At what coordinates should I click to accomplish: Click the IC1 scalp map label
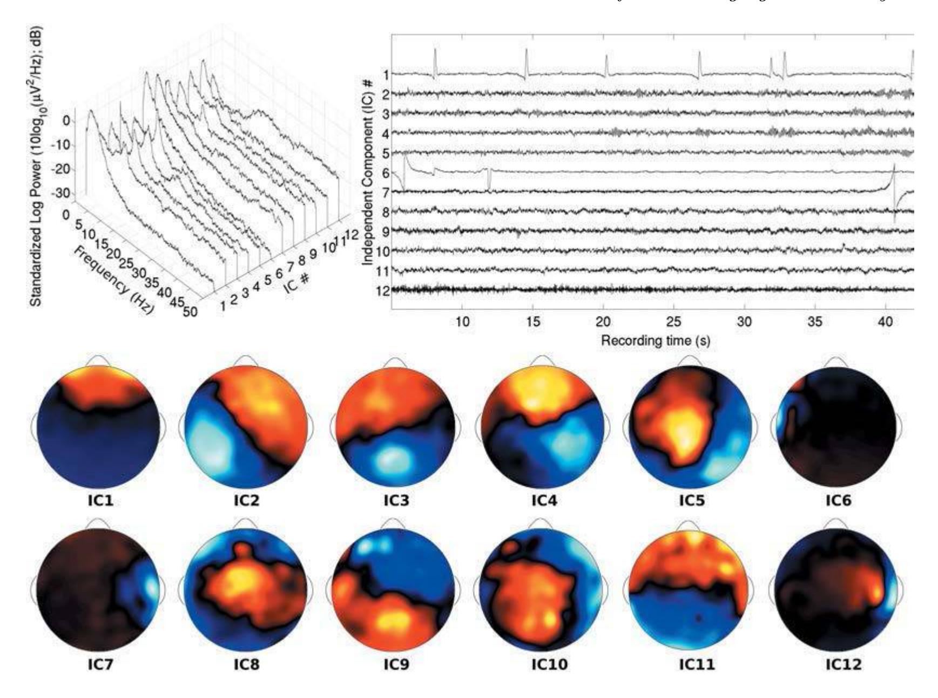coord(102,500)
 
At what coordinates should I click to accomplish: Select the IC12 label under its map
coord(843,664)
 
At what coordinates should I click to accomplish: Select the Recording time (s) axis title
coord(656,340)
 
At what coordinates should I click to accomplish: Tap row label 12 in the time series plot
coord(382,290)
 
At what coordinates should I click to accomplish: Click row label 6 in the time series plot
coord(386,172)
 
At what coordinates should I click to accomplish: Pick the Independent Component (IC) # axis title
coord(369,171)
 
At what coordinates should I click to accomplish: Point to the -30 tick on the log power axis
coord(62,193)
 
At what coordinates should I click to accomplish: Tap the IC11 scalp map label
coord(696,664)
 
